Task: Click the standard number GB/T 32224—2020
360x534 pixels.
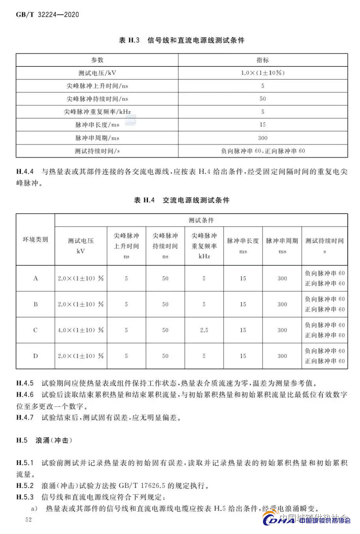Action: point(47,15)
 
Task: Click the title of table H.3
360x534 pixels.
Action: point(182,40)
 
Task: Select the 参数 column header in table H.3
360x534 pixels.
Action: point(97,60)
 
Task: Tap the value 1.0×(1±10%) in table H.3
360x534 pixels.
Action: point(263,73)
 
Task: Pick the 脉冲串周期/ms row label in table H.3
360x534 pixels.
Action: point(97,138)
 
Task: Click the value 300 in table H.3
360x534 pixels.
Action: point(263,138)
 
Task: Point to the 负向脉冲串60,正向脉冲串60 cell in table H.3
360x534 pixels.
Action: point(263,151)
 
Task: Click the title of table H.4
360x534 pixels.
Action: point(182,200)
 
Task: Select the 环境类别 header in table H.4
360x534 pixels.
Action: point(35,240)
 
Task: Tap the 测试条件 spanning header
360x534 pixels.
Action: point(201,220)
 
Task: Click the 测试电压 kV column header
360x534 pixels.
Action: point(81,245)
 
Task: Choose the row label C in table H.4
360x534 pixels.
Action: point(35,330)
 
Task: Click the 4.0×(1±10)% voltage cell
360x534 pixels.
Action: point(81,330)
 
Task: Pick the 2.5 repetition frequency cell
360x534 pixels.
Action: point(204,330)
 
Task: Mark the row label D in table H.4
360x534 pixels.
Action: point(35,356)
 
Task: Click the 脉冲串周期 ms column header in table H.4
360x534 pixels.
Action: point(282,245)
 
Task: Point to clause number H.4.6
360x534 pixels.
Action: point(25,394)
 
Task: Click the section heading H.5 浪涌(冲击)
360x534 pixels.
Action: point(44,440)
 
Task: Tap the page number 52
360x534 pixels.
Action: point(28,519)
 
